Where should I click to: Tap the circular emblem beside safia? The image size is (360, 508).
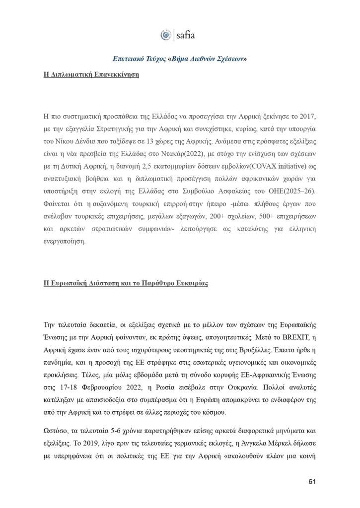tap(166, 35)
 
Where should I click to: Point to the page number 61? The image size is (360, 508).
tap(312, 482)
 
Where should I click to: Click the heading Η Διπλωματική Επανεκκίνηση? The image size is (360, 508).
tap(90, 76)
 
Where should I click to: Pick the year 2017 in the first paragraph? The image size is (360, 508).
tap(306, 117)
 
